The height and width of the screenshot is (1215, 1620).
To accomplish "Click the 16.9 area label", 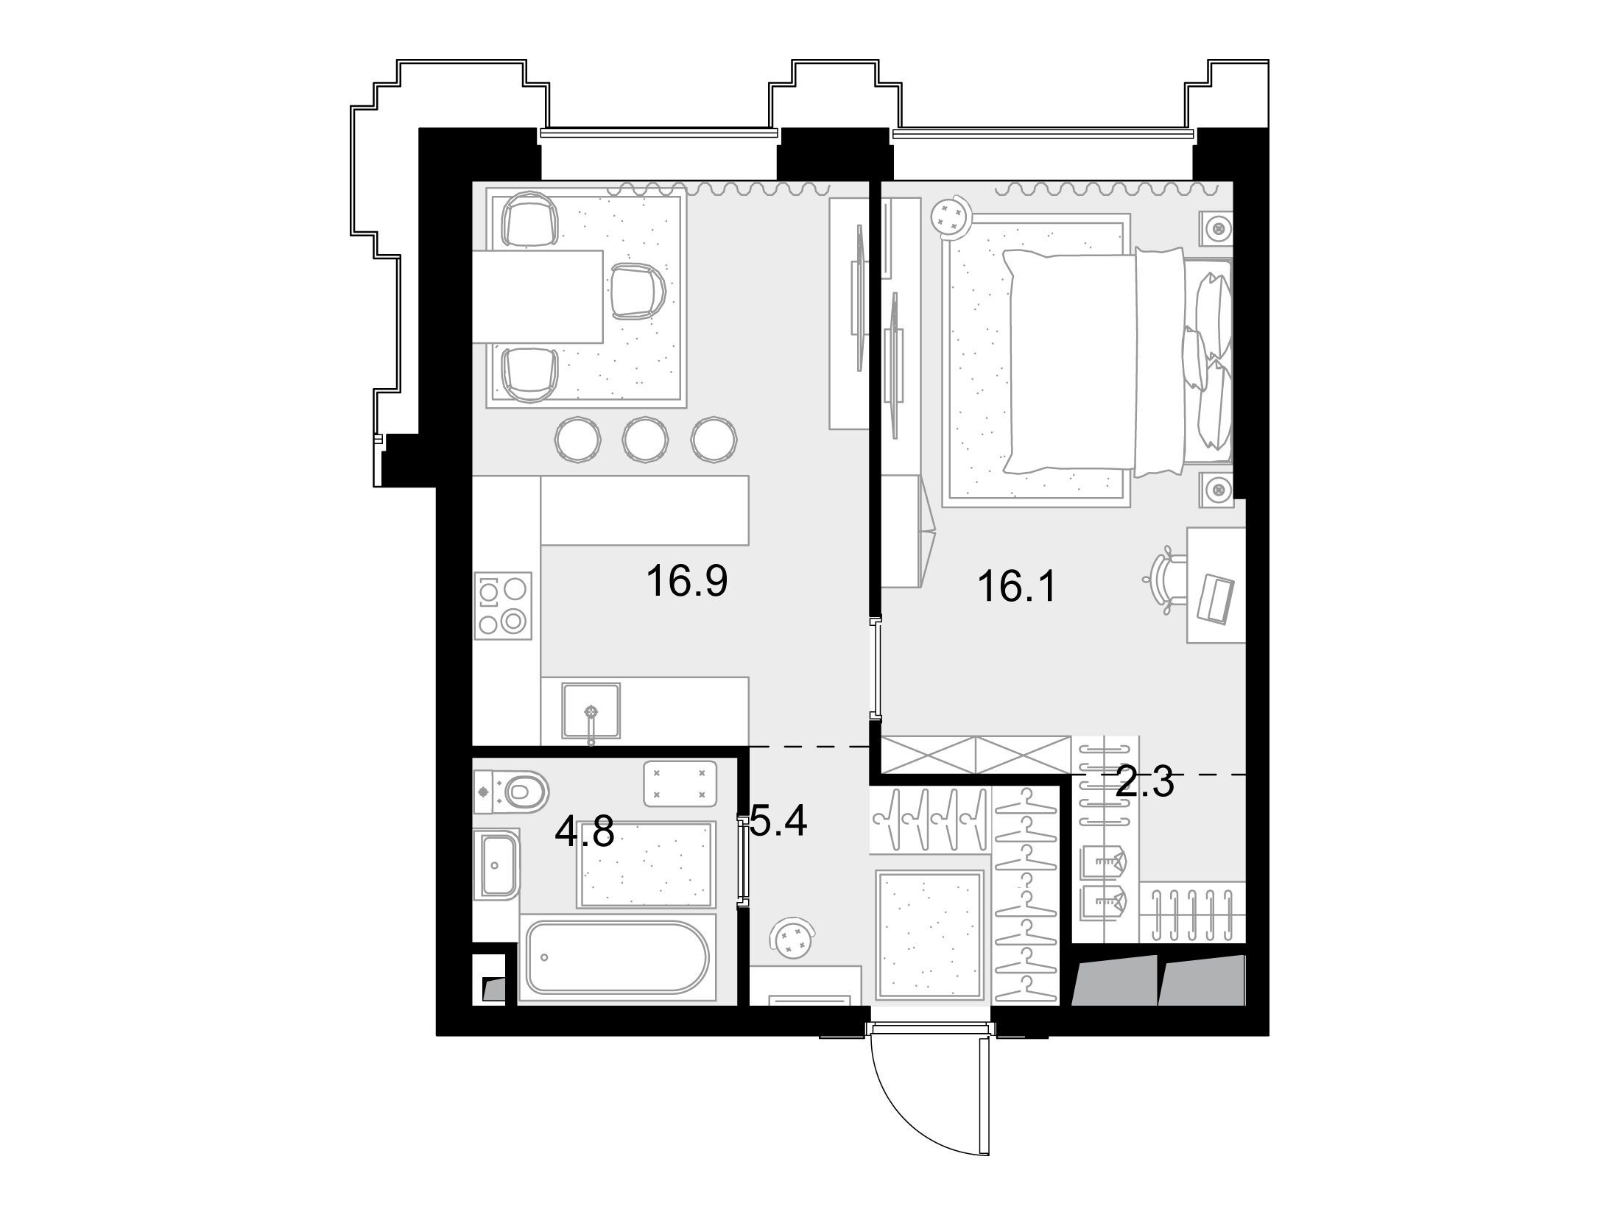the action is pyautogui.click(x=687, y=581).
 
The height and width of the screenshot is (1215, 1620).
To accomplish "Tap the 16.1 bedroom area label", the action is pyautogui.click(x=1017, y=587).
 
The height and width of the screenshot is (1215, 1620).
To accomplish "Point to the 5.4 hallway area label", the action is pyautogui.click(x=779, y=821).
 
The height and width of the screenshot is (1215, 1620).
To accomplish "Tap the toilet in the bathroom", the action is pyautogui.click(x=512, y=792).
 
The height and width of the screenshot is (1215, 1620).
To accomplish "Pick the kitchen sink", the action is pyautogui.click(x=591, y=710).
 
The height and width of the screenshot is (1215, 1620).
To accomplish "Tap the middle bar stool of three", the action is pyautogui.click(x=645, y=440).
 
